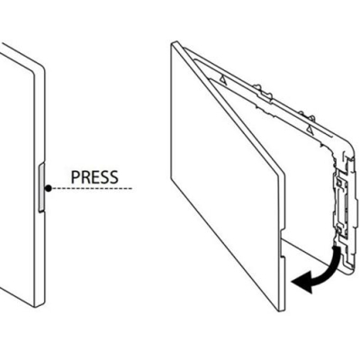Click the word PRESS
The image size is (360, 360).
pyautogui.click(x=94, y=177)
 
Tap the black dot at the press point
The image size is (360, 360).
pyautogui.click(x=49, y=188)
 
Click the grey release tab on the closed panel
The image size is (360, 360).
pyautogui.click(x=41, y=188)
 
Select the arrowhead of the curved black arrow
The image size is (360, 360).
pyautogui.click(x=302, y=282)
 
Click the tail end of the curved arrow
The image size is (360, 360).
pyautogui.click(x=337, y=247)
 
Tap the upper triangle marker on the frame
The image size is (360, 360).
pyautogui.click(x=222, y=79)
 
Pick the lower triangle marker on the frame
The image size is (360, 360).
pyautogui.click(x=310, y=130)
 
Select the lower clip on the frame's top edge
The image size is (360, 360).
pyautogui.click(x=307, y=116)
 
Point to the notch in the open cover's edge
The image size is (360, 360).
pyautogui.click(x=282, y=245)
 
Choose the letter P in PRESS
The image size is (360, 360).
pyautogui.click(x=76, y=177)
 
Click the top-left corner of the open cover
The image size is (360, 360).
pyautogui.click(x=172, y=44)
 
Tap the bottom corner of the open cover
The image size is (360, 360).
pyautogui.click(x=280, y=310)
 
